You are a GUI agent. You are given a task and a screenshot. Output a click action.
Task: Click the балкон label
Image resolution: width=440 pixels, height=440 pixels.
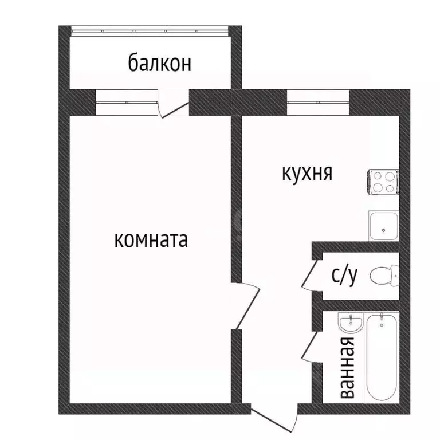[x=159, y=63]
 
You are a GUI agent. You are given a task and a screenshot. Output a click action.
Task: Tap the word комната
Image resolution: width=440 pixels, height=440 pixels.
[x=151, y=239]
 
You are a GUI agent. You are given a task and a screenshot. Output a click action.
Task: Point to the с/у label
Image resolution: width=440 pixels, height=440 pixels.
[x=344, y=276]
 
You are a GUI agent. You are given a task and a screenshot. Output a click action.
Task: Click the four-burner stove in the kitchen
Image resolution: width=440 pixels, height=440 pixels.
[x=383, y=183]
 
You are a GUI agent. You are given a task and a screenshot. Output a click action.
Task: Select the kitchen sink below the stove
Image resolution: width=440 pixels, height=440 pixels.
[x=382, y=225]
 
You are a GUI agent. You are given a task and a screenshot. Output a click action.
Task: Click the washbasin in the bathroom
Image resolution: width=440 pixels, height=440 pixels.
[x=349, y=323]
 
